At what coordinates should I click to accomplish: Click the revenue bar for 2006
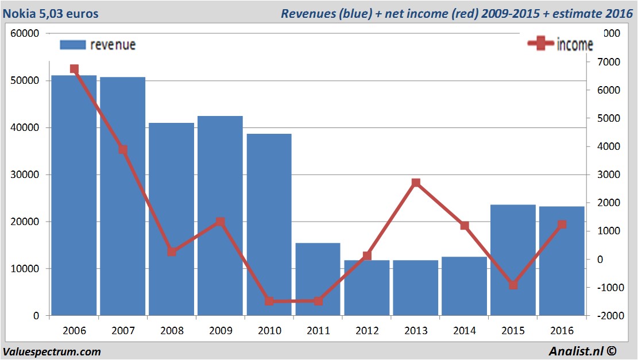pos(74,195)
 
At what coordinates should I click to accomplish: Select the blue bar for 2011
pos(318,279)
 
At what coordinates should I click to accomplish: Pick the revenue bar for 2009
pos(221,215)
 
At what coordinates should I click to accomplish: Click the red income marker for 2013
pos(416,183)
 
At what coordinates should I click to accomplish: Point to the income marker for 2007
pos(123,149)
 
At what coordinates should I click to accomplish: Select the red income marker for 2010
pos(269,301)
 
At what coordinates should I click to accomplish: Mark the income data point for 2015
pos(513,285)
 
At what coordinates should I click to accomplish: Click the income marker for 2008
pos(172,251)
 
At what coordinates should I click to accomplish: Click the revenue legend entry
pos(98,45)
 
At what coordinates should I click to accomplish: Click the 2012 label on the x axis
pos(367,331)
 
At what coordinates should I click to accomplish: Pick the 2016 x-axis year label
pos(562,331)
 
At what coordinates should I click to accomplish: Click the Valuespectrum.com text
pos(52,351)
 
